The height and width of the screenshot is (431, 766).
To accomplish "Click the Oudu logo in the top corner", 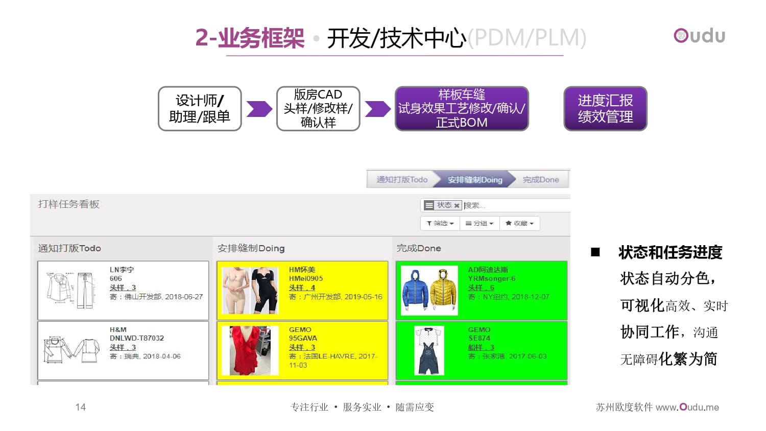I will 699,36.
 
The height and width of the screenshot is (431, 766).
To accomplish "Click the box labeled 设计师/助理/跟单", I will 200,109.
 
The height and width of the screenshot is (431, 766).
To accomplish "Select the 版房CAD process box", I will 318,109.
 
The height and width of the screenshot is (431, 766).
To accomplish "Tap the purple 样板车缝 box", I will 462,109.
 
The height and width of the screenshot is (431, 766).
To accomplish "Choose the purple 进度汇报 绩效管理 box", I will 605,109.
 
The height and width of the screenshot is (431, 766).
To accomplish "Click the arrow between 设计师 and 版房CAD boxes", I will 259,109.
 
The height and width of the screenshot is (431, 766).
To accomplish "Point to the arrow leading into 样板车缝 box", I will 377,109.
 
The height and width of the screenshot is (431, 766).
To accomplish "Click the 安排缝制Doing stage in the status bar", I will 475,180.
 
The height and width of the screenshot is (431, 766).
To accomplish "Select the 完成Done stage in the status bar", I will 541,180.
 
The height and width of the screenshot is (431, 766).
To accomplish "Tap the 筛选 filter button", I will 440,223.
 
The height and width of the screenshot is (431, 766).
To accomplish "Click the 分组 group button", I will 479,223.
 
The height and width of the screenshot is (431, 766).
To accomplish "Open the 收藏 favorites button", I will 519,223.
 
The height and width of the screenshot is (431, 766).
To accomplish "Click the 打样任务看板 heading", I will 69,204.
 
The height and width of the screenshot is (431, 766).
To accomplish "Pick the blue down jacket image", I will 415,290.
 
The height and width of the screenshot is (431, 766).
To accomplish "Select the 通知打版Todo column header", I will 69,248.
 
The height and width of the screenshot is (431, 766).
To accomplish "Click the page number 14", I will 81,407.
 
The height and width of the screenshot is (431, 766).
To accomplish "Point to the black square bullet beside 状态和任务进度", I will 595,252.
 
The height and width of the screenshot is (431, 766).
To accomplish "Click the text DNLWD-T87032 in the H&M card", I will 137,338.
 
